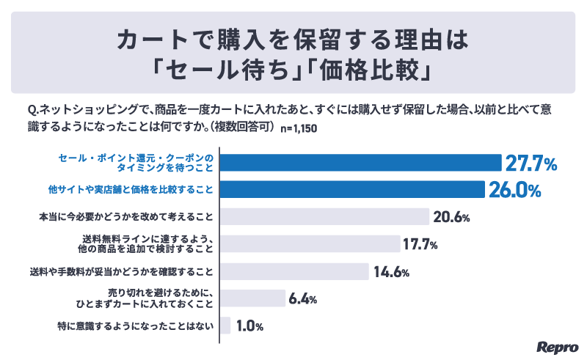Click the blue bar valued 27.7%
tap(360, 163)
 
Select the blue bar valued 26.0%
tap(352, 190)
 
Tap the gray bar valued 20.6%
tap(324, 217)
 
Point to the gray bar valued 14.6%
tap(293, 271)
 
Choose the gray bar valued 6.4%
tap(252, 298)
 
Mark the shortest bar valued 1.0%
tap(225, 326)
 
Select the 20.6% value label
tap(451, 218)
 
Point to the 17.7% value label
tap(421, 245)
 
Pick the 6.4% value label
tap(303, 299)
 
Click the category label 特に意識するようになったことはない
tap(135, 326)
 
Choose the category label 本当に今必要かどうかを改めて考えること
tap(125, 217)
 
